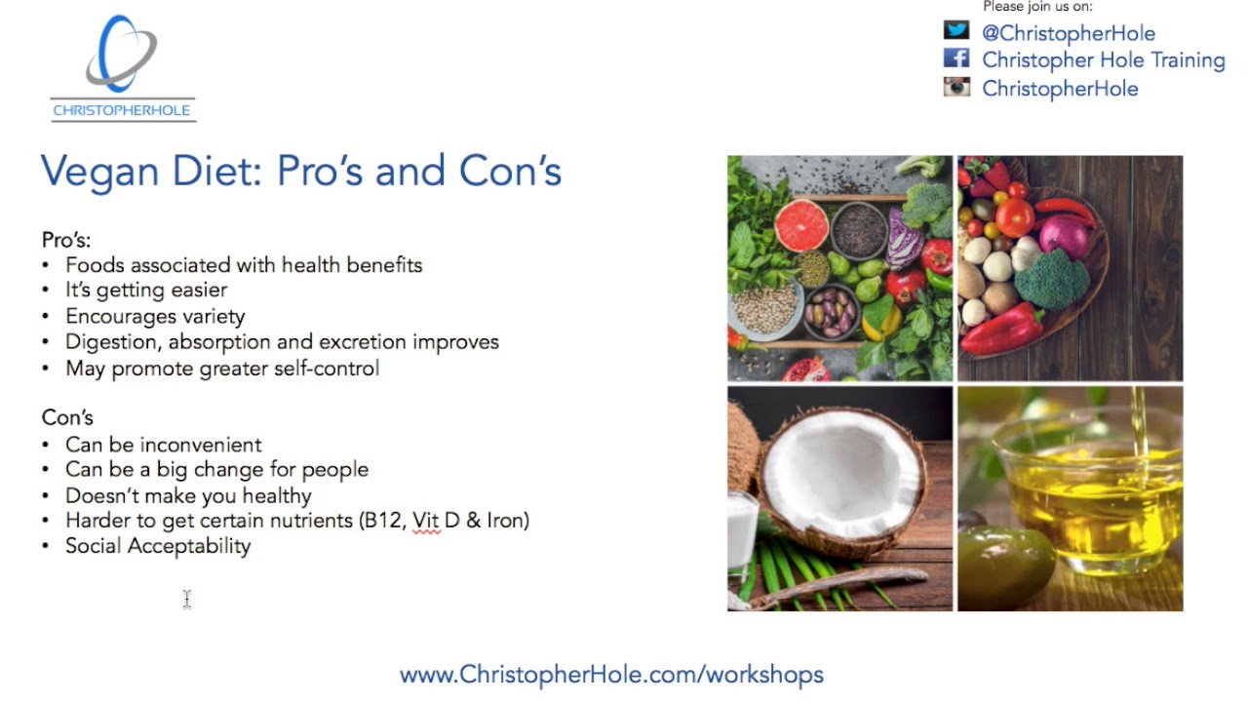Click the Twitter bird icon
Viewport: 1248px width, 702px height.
click(x=956, y=30)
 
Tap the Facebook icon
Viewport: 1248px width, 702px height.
click(x=956, y=58)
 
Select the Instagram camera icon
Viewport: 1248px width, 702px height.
click(x=956, y=87)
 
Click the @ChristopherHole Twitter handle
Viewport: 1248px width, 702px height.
click(x=1068, y=33)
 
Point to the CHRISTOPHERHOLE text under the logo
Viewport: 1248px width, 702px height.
click(x=122, y=110)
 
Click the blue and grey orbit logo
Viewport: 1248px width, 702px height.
click(x=121, y=54)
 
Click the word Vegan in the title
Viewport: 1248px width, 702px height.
click(x=100, y=172)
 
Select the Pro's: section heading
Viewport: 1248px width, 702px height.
click(x=66, y=240)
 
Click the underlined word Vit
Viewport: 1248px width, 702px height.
click(x=426, y=521)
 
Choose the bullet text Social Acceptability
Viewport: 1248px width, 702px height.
click(x=158, y=546)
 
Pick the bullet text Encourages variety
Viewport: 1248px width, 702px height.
click(x=155, y=317)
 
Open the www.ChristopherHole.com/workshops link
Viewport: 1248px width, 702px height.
click(x=611, y=675)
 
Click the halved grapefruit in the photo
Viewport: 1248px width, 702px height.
click(x=801, y=225)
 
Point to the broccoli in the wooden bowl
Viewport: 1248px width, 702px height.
click(x=1051, y=279)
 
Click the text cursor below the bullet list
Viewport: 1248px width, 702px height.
click(x=187, y=600)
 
